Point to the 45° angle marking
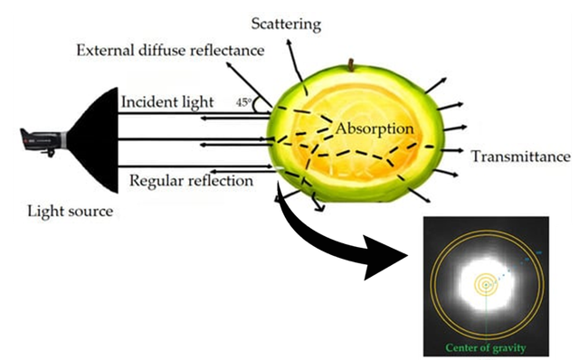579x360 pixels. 243,103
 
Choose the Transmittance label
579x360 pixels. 520,156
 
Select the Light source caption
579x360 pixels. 71,212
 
